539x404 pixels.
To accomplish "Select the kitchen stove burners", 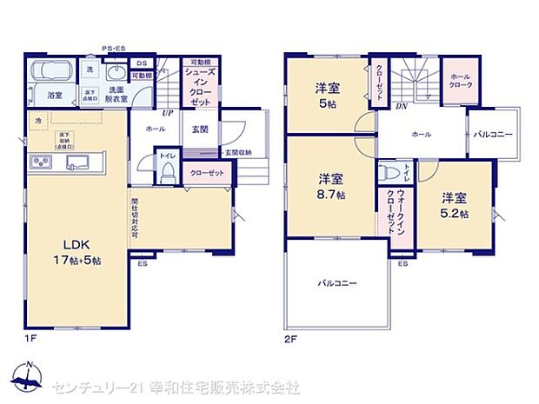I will [x=41, y=162].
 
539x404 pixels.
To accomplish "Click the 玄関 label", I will [x=199, y=128].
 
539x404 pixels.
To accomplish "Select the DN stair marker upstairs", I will [x=403, y=107].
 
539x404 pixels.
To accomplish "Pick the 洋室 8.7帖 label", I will [x=330, y=187].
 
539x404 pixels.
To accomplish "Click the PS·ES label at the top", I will [x=112, y=50].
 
